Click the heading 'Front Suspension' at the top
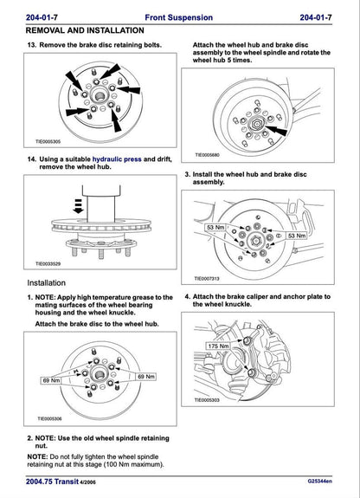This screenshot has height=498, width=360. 179,17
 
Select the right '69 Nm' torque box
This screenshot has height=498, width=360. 146,377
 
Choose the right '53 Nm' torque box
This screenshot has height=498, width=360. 296,235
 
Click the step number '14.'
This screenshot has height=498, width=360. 32,159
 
